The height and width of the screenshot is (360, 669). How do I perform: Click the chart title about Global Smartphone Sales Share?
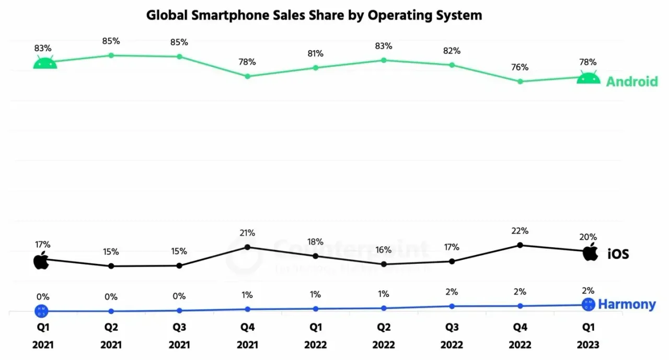click(x=314, y=15)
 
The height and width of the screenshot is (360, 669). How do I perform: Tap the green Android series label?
click(x=631, y=82)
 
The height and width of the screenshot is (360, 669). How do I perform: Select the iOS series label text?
click(x=618, y=254)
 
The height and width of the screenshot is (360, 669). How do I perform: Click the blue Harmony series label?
click(x=627, y=304)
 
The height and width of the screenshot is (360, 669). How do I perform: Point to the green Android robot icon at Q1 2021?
click(x=45, y=63)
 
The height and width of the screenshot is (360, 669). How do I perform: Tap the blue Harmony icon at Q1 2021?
click(x=42, y=311)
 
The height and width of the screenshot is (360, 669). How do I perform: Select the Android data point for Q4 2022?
click(x=520, y=82)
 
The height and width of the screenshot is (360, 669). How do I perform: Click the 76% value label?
click(x=520, y=67)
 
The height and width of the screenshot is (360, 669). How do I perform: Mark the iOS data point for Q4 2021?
click(x=248, y=247)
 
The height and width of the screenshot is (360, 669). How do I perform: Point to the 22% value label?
click(x=520, y=231)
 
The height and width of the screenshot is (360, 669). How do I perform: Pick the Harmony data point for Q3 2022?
click(x=452, y=306)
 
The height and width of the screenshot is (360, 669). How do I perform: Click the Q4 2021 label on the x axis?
click(x=247, y=336)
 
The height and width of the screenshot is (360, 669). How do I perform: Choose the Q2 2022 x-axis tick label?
click(x=384, y=336)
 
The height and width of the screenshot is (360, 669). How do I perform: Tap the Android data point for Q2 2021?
click(x=111, y=55)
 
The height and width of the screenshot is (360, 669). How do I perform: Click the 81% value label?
click(x=315, y=53)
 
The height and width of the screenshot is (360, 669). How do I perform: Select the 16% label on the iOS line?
click(x=384, y=250)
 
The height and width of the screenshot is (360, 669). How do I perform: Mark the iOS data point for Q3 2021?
click(x=179, y=265)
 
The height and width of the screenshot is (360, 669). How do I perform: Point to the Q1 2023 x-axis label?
click(x=589, y=336)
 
